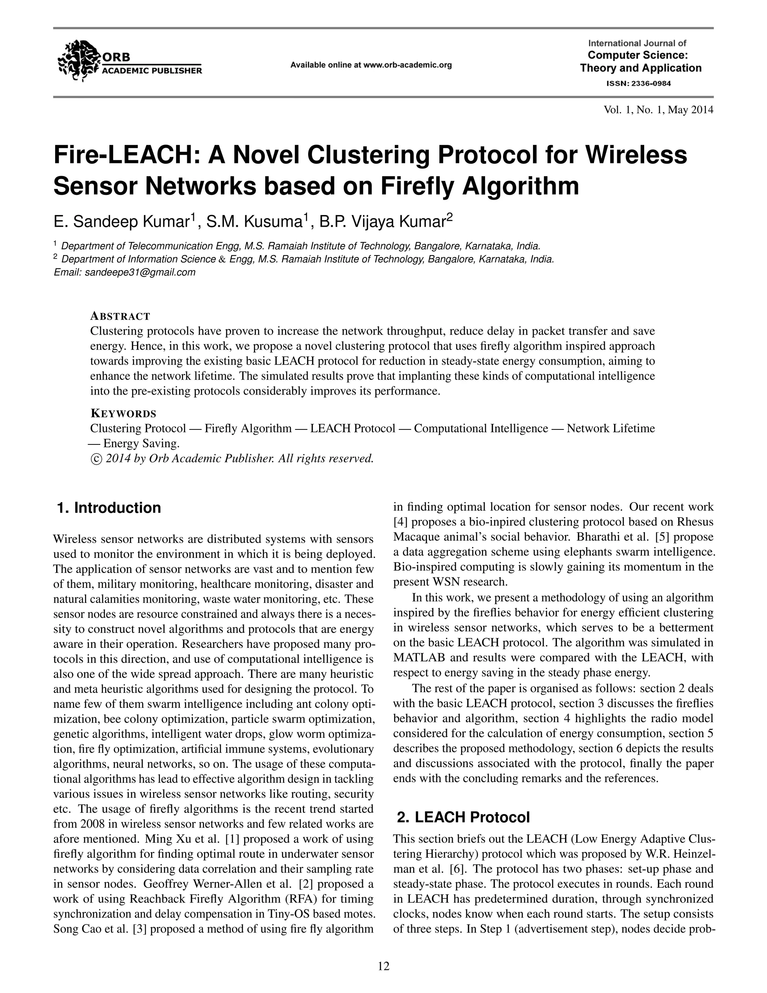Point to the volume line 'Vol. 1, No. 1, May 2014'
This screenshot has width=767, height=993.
pyautogui.click(x=658, y=109)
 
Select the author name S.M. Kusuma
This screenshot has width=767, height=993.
pyautogui.click(x=254, y=222)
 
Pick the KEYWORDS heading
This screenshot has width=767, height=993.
pyautogui.click(x=123, y=414)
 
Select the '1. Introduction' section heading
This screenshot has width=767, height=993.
pyautogui.click(x=109, y=508)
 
